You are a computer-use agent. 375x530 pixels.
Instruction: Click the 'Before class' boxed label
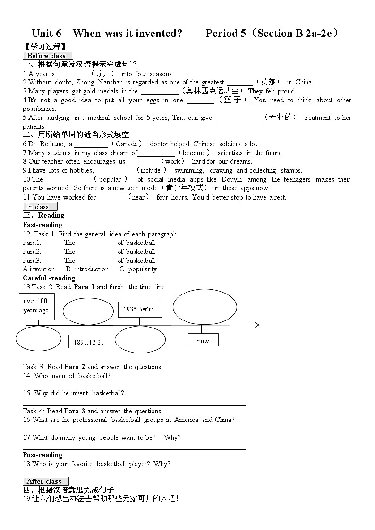(x=48, y=56)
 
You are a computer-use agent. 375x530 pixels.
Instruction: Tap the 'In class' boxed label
(x=40, y=207)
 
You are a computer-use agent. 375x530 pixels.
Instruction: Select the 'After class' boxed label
(x=46, y=481)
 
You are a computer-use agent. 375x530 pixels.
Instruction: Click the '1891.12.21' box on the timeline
(x=88, y=342)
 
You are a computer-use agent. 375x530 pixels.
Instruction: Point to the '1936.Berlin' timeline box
(x=139, y=309)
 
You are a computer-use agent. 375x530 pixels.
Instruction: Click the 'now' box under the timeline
(x=203, y=340)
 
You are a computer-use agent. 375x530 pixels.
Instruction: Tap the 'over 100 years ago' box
(x=36, y=306)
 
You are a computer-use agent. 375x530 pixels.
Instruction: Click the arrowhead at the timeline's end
(x=256, y=325)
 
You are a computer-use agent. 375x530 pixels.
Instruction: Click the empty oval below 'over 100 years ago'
(x=38, y=339)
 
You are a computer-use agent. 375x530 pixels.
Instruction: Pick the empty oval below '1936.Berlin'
(x=140, y=340)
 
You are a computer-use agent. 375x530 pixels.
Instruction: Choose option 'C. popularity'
(x=138, y=269)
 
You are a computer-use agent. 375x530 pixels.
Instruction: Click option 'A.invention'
(x=39, y=269)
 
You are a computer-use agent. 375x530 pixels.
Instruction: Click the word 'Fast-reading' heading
(x=43, y=225)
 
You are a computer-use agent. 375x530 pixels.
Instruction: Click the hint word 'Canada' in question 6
(x=127, y=144)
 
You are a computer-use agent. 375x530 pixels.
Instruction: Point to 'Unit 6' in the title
(x=47, y=33)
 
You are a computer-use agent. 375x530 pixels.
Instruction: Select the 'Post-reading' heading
(x=43, y=455)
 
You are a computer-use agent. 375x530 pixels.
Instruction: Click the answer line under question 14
(x=134, y=387)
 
